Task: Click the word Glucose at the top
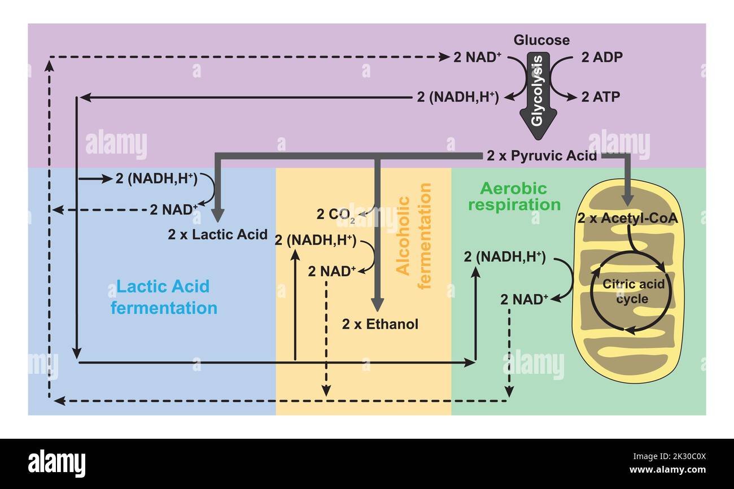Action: click(541, 40)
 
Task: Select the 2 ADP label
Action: click(602, 57)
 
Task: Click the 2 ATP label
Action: click(601, 97)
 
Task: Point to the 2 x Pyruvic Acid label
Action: click(541, 156)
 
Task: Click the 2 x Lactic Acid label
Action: click(217, 234)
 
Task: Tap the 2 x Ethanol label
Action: click(380, 324)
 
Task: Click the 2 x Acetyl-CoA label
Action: click(627, 218)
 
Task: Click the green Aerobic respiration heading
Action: click(514, 196)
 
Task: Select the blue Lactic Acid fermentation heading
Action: click(164, 297)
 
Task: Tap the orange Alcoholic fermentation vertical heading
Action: click(414, 235)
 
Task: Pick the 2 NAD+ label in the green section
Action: click(524, 299)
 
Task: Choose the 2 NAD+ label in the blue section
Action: click(174, 209)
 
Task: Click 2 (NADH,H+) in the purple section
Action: click(457, 97)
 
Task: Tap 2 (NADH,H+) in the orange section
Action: click(315, 240)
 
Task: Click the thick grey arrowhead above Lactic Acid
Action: click(218, 215)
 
